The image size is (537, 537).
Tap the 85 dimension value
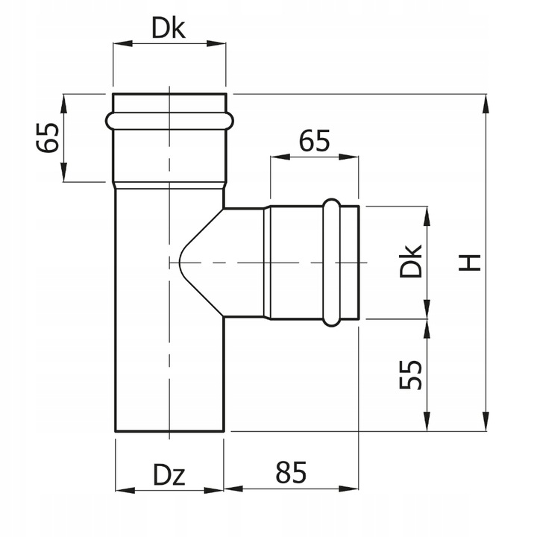(x=290, y=472)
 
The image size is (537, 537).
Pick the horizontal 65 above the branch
(x=314, y=141)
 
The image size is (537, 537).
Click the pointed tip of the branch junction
(x=178, y=263)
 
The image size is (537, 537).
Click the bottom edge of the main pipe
(x=169, y=431)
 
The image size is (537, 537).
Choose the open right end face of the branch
(x=360, y=263)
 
